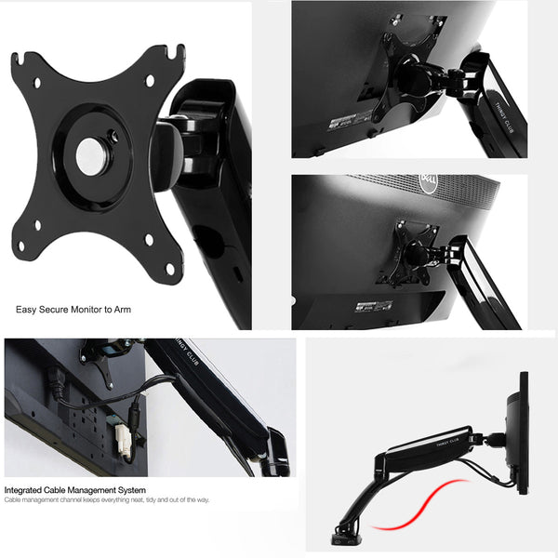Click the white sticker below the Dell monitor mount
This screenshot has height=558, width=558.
click(372, 306)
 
